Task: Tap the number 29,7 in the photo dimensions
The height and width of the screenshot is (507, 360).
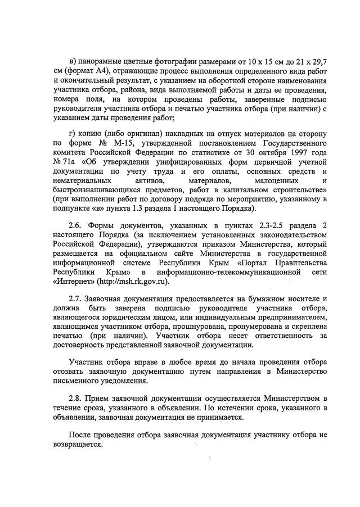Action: pyautogui.click(x=318, y=60)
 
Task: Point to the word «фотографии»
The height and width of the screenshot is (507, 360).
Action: pyautogui.click(x=182, y=60)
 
